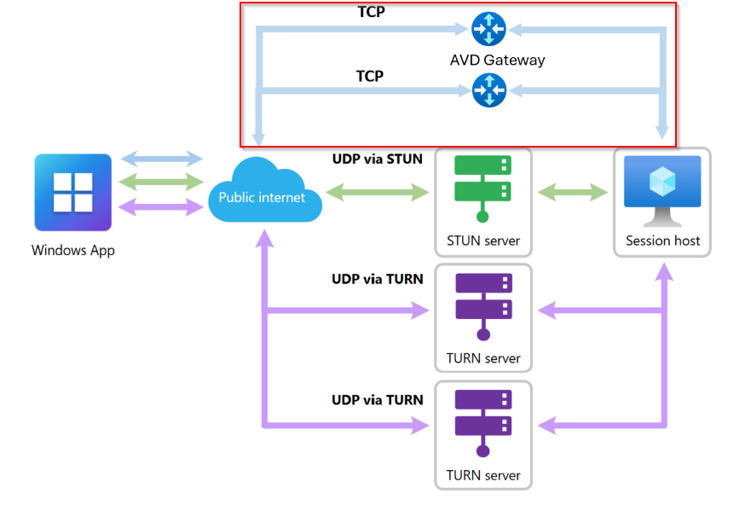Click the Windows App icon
[72, 192]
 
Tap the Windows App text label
[72, 251]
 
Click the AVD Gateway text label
[497, 60]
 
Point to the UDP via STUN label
[378, 158]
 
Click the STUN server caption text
[483, 241]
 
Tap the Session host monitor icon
[662, 186]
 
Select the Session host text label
[662, 241]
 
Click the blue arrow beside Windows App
[162, 159]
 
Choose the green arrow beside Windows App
[162, 181]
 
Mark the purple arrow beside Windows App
[162, 205]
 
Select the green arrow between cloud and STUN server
[378, 193]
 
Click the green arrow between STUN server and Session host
[572, 193]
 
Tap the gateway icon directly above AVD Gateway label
[488, 30]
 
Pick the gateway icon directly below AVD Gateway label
[488, 90]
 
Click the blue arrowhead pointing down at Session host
[662, 131]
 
